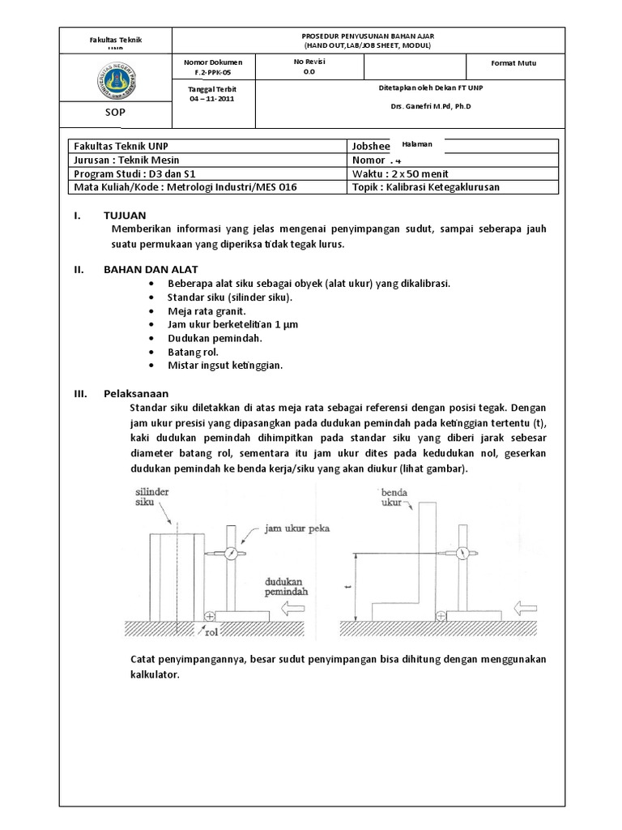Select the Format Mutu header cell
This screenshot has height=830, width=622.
[513, 63]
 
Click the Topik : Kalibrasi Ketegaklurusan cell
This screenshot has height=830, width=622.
[426, 186]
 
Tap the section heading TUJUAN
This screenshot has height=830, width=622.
[125, 216]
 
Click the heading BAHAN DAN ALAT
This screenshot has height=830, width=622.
[150, 269]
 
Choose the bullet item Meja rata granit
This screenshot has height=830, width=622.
[206, 310]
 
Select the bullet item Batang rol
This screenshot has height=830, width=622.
[194, 352]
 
